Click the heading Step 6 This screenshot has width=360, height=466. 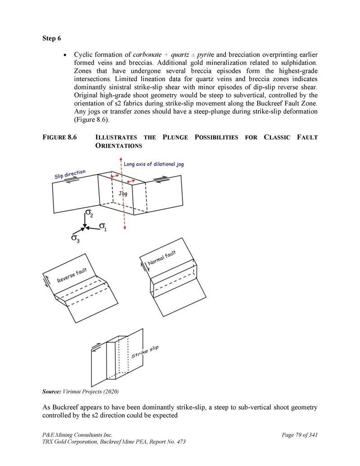tap(52, 38)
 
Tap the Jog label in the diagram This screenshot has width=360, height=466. tap(123, 193)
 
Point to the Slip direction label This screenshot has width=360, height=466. tap(70, 174)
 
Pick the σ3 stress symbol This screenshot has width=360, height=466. tap(76, 238)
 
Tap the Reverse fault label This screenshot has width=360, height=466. tap(72, 275)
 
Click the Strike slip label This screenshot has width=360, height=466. tap(145, 352)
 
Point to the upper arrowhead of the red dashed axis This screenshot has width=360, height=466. tap(120, 159)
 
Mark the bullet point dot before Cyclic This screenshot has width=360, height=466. tap(66, 55)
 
